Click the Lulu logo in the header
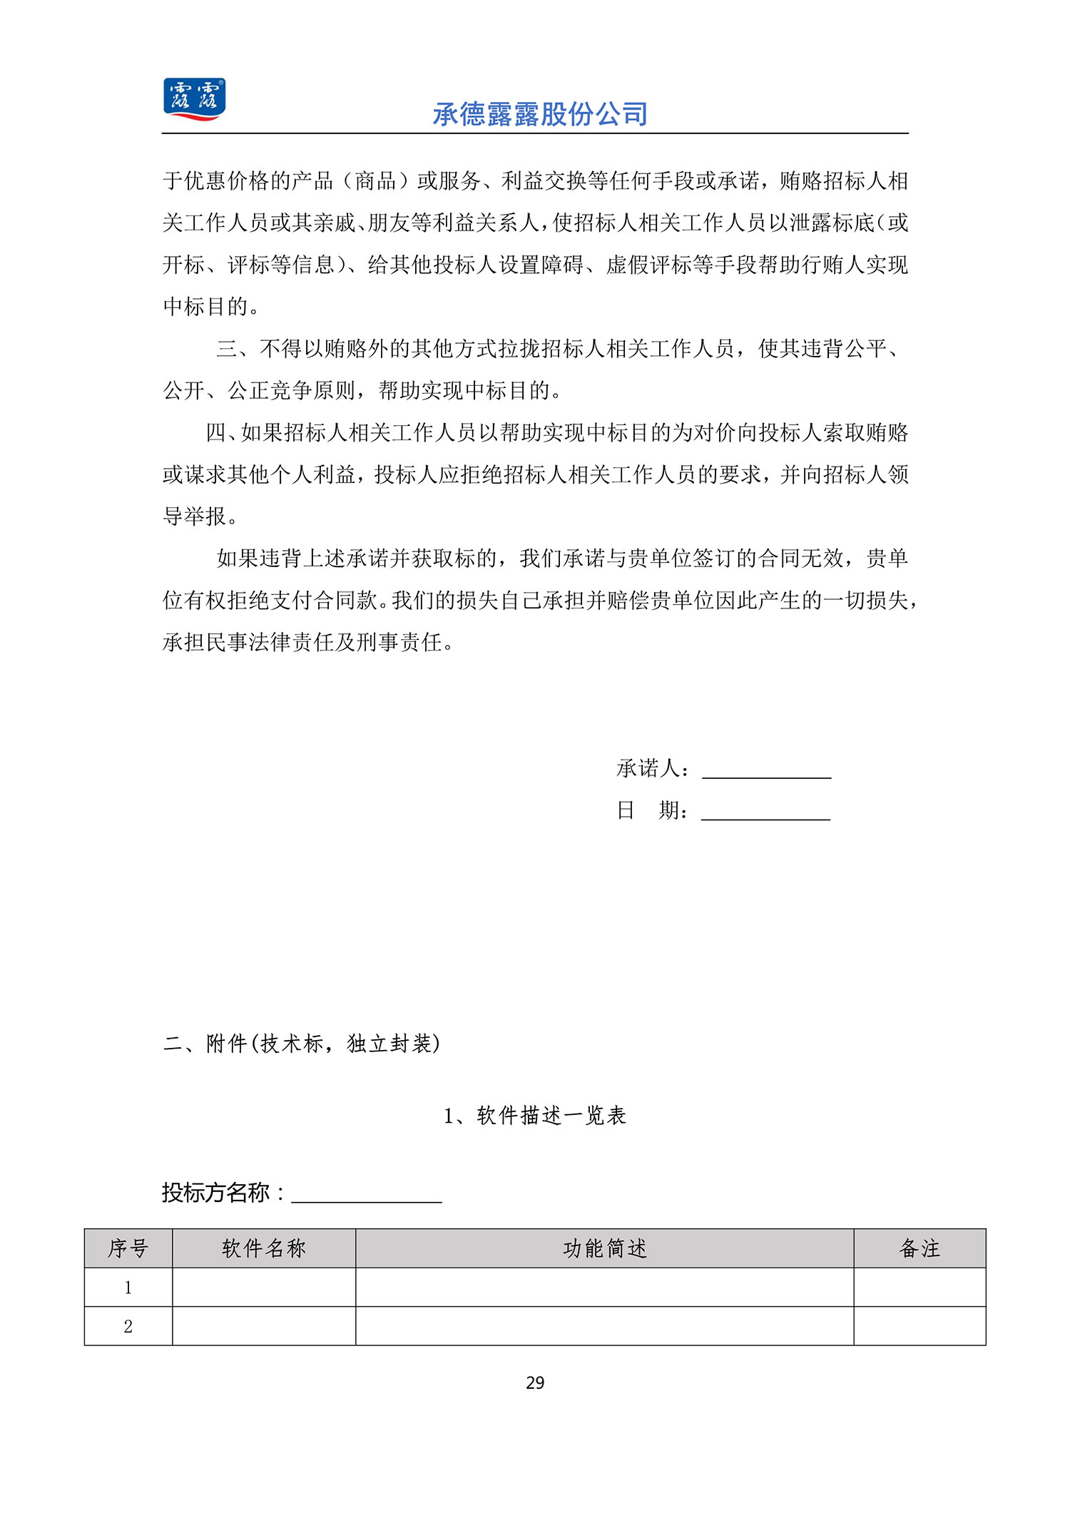pyautogui.click(x=194, y=99)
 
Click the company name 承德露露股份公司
pyautogui.click(x=540, y=114)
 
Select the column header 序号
pyautogui.click(x=128, y=1248)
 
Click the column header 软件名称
pyautogui.click(x=264, y=1248)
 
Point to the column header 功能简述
pyautogui.click(x=605, y=1248)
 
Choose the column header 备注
pyautogui.click(x=919, y=1248)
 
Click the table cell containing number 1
pyautogui.click(x=128, y=1287)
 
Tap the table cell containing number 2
pyautogui.click(x=128, y=1326)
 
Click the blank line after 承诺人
pyautogui.click(x=767, y=770)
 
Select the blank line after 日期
pyautogui.click(x=765, y=812)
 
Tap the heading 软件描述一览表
pyautogui.click(x=551, y=1115)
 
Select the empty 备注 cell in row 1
pyautogui.click(x=919, y=1287)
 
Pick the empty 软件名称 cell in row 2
pyautogui.click(x=264, y=1326)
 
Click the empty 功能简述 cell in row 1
pyautogui.click(x=605, y=1287)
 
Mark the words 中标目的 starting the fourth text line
pyautogui.click(x=205, y=307)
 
